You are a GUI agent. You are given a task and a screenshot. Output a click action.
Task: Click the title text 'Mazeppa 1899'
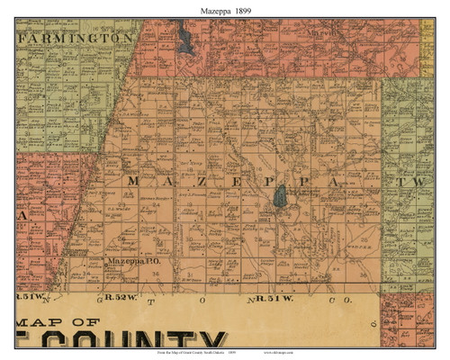coord(224,8)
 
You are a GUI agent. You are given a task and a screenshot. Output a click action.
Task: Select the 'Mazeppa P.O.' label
coord(132,261)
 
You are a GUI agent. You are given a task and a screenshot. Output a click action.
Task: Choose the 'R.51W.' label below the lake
coord(273,296)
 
